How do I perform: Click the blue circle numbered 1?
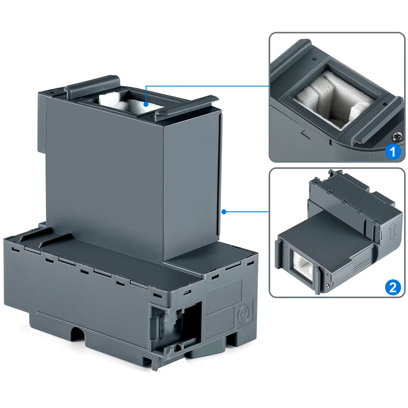392,152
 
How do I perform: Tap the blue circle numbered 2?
392,288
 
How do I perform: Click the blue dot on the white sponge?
146,105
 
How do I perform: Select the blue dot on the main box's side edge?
224,211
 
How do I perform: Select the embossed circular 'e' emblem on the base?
244,314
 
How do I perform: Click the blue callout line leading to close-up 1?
208,86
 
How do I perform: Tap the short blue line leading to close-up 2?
247,211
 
